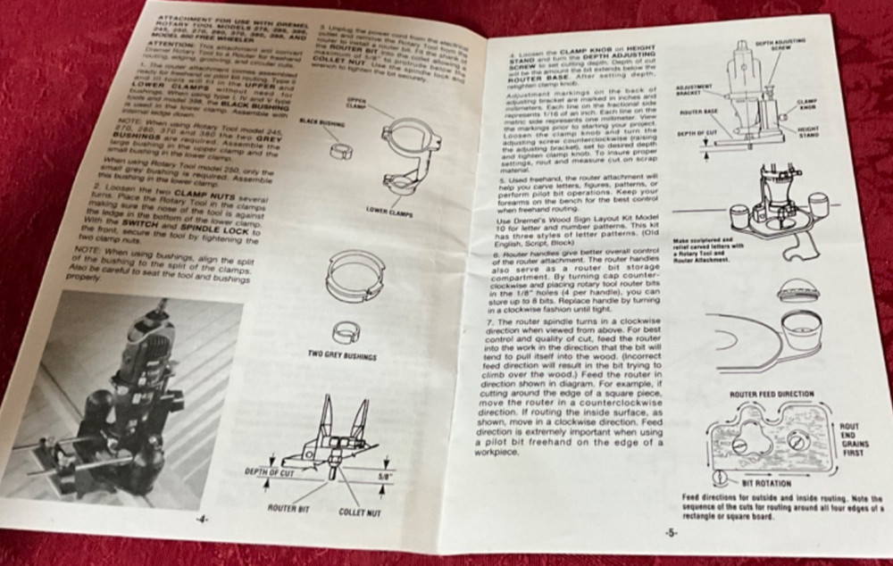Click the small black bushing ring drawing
tap(338, 147)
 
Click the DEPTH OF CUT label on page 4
tap(271, 470)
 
